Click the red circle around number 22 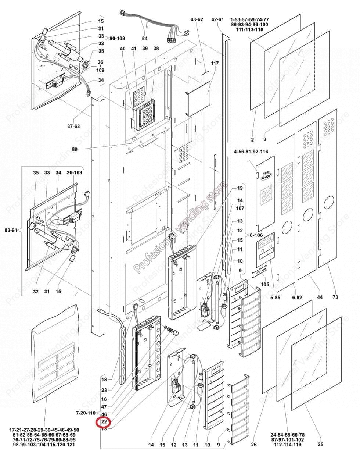(104, 422)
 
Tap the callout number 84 (145, 38)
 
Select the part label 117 (215, 64)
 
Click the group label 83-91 (12, 230)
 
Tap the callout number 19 (240, 188)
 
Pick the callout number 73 (335, 297)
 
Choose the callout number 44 (320, 297)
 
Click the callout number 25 (321, 445)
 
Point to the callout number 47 (104, 407)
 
